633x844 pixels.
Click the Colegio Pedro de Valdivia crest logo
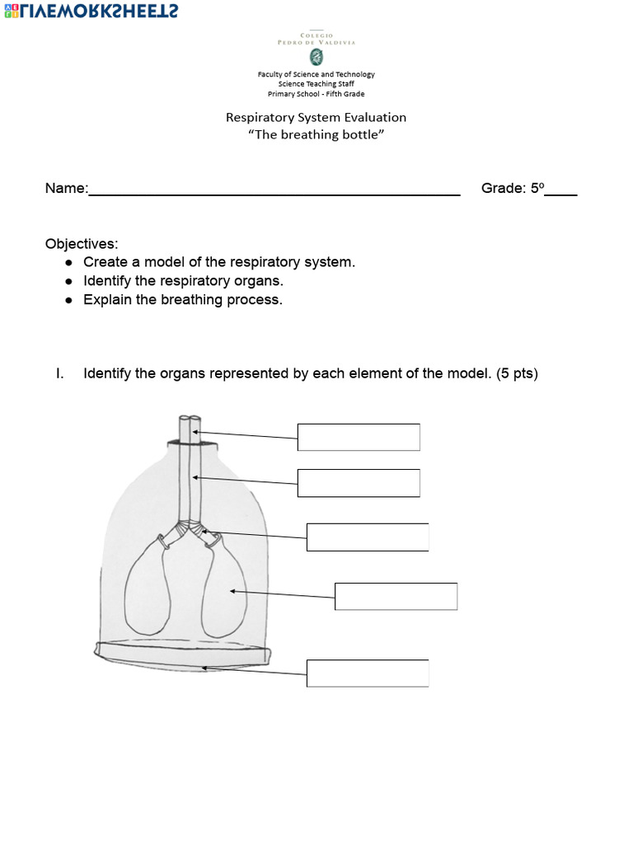(316, 57)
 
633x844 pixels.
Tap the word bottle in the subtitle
(360, 134)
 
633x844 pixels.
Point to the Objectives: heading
(82, 244)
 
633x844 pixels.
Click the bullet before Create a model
(68, 262)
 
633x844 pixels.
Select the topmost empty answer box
(359, 438)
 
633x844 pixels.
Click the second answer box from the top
(359, 483)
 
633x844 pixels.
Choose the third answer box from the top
(368, 537)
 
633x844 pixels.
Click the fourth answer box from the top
(396, 596)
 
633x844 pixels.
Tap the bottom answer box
(368, 673)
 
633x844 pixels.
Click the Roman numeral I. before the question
(59, 373)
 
